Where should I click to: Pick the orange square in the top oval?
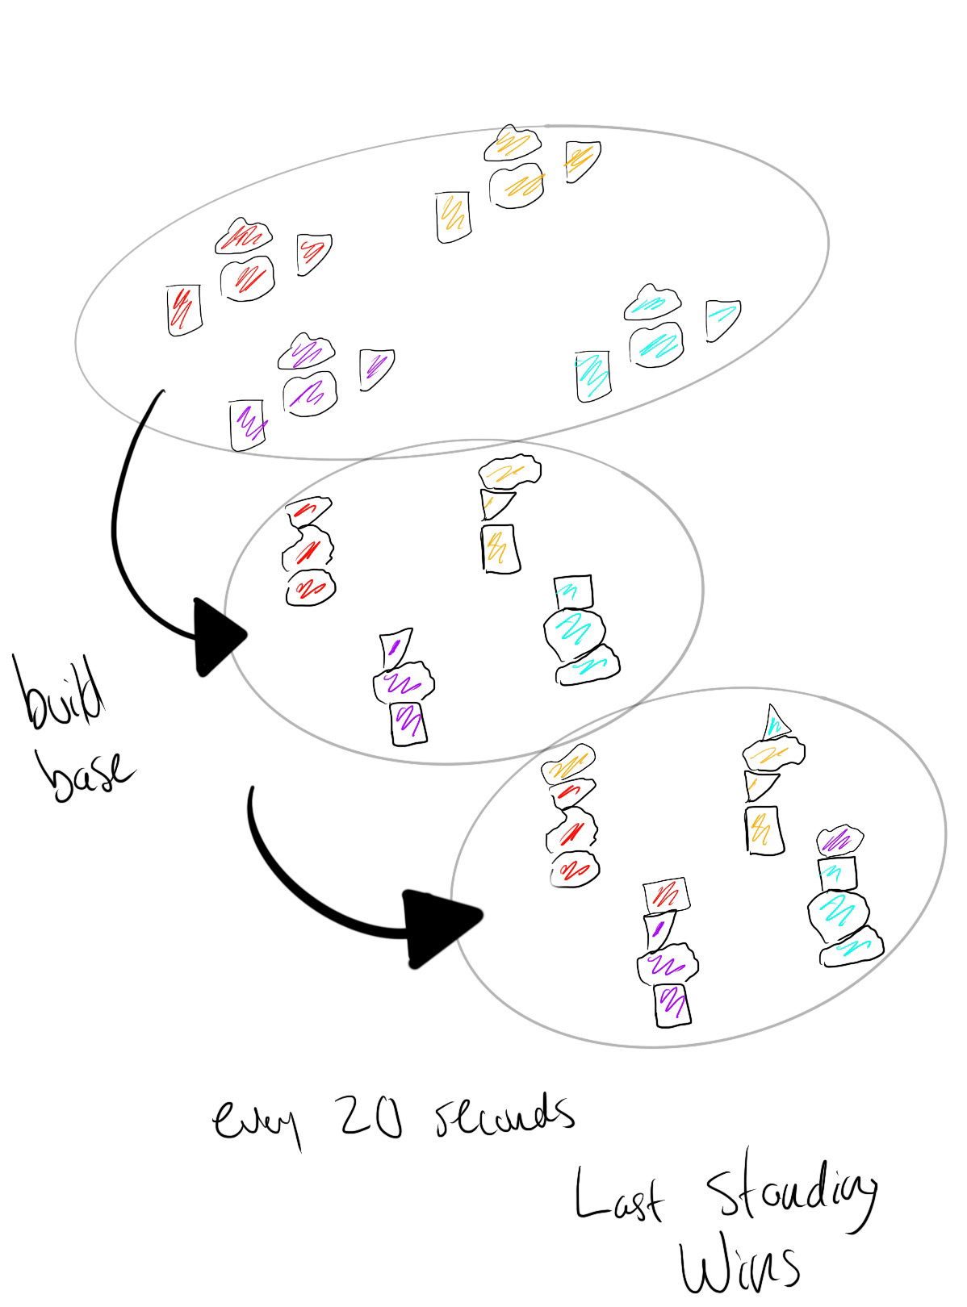point(454,216)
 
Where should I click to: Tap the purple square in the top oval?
point(248,424)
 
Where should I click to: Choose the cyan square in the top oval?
point(593,376)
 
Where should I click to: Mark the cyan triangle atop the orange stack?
point(775,720)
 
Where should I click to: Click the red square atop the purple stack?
point(667,895)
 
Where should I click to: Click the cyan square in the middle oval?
point(572,591)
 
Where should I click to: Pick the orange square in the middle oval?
point(499,548)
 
